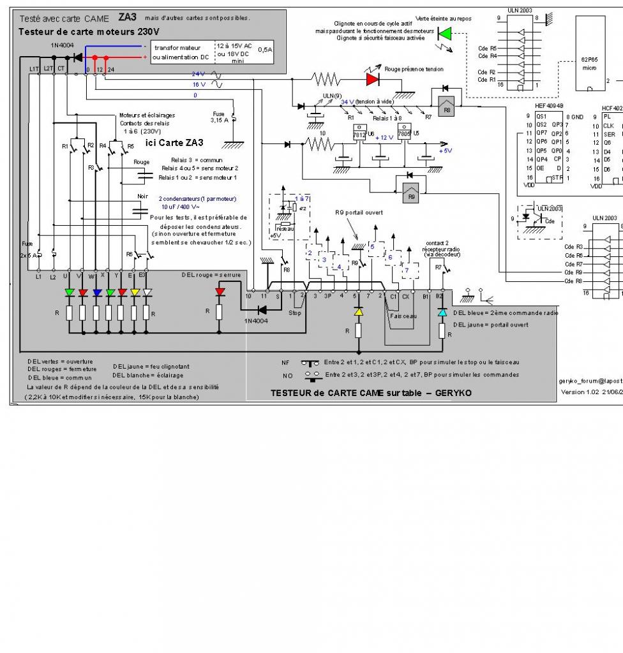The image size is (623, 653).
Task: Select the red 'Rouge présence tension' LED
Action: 372,78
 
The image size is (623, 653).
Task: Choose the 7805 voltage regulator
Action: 404,135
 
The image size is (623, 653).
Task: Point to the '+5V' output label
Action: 445,150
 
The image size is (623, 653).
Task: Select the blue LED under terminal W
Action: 96,293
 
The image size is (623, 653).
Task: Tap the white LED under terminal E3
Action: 146,293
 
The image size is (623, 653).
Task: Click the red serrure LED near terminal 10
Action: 220,292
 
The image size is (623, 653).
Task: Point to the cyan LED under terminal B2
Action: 442,312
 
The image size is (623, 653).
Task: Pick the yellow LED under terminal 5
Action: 359,312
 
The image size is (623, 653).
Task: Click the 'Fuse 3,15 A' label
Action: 218,115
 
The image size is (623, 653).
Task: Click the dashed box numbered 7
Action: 406,270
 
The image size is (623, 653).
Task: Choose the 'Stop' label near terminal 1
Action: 295,313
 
